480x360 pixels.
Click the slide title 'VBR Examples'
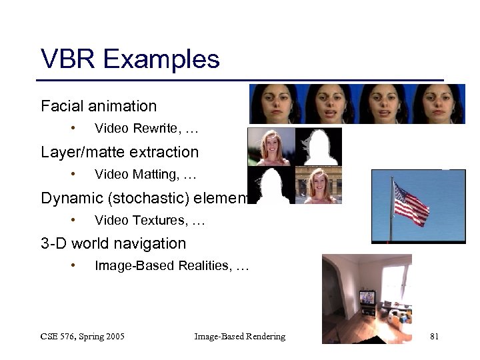[130, 59]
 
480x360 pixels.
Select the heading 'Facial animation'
[99, 106]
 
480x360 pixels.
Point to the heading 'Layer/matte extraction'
[119, 152]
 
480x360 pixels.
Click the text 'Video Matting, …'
[145, 175]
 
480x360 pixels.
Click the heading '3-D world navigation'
[113, 243]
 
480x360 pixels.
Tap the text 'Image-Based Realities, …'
[171, 266]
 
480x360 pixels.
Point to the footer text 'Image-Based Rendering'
[239, 337]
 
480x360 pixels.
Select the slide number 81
[434, 337]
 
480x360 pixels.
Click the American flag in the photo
[411, 203]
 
